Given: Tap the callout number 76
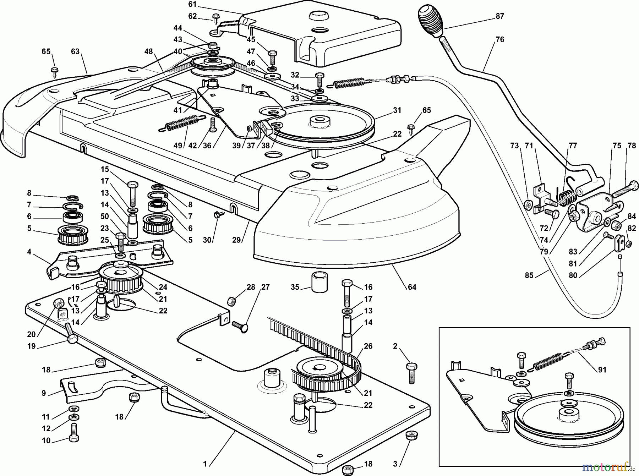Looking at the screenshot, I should pyautogui.click(x=499, y=39).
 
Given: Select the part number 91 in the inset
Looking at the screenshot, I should pyautogui.click(x=602, y=370).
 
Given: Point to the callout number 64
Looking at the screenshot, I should pyautogui.click(x=412, y=287).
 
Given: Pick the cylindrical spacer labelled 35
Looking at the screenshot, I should pyautogui.click(x=319, y=282).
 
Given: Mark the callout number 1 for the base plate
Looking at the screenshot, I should pyautogui.click(x=204, y=464).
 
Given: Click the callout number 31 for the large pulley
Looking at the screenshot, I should pyautogui.click(x=397, y=110).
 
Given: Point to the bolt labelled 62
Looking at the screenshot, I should pyautogui.click(x=215, y=18).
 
